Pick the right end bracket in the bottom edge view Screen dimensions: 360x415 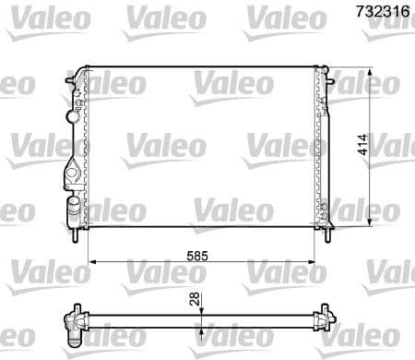pos(325,319)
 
